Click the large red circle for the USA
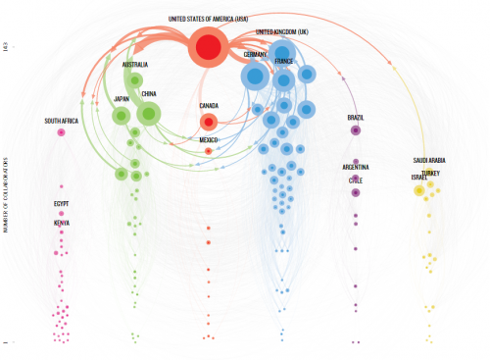click(209, 47)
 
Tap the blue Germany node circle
click(255, 76)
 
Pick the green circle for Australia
click(135, 80)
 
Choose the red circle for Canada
click(209, 122)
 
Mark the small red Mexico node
click(209, 151)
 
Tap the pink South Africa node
click(61, 131)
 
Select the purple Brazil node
click(356, 129)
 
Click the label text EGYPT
click(62, 204)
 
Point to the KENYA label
click(62, 223)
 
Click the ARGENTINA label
click(356, 168)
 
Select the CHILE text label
click(356, 180)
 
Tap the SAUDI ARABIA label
click(430, 160)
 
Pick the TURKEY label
click(431, 173)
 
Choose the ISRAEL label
click(418, 178)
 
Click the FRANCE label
click(284, 61)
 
